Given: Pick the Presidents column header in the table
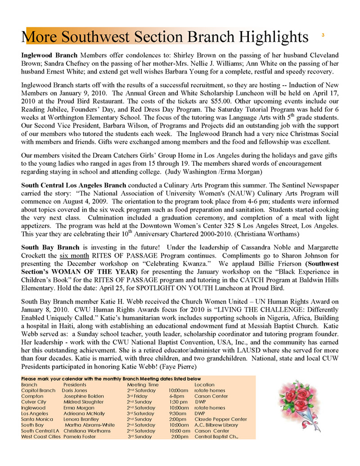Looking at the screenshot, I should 75,384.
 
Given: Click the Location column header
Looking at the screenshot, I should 204,384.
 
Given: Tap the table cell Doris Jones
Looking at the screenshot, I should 74,390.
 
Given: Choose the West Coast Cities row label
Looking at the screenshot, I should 40,436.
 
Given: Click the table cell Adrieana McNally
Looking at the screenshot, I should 82,413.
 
